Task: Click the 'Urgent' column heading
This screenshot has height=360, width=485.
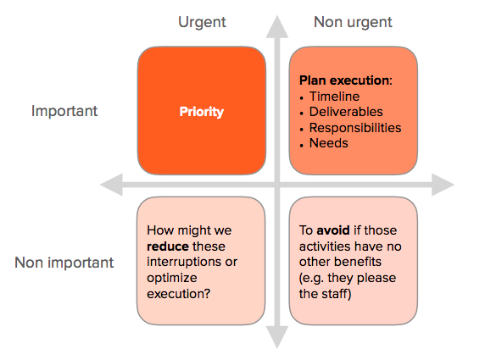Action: tap(202, 23)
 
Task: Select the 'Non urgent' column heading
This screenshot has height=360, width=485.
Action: tap(353, 22)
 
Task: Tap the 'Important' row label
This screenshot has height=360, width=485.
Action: tap(64, 111)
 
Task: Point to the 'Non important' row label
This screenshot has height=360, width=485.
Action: tap(64, 263)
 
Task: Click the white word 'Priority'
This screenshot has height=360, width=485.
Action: tap(201, 112)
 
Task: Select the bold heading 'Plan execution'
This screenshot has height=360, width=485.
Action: tap(344, 80)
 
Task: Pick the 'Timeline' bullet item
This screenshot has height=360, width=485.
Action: tap(335, 97)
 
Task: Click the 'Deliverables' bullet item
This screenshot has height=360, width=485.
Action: tap(346, 112)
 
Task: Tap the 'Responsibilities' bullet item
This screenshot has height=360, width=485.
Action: tap(355, 128)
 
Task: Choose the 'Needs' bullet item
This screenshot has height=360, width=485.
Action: tap(329, 143)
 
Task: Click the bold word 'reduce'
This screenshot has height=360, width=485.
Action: tap(168, 246)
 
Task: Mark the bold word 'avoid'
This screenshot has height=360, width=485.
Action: tap(333, 230)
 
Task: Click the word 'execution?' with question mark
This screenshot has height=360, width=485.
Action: tap(178, 294)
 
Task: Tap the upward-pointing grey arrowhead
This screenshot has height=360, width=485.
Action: tap(277, 28)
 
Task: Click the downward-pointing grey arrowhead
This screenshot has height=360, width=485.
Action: tap(277, 337)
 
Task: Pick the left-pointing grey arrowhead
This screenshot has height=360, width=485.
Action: tap(112, 185)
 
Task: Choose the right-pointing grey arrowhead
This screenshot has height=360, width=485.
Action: tap(443, 185)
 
